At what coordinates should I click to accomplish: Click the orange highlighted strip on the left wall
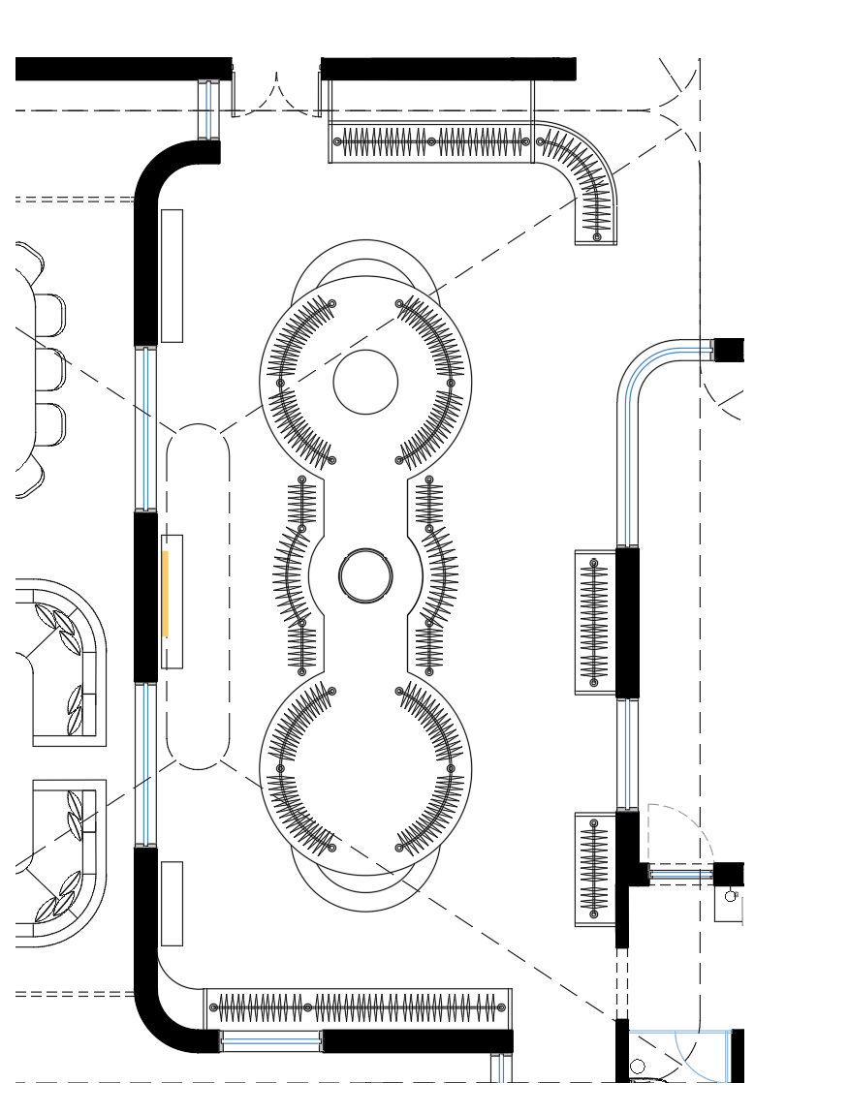click(166, 594)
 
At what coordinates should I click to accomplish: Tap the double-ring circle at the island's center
click(365, 575)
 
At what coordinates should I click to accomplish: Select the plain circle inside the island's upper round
click(365, 382)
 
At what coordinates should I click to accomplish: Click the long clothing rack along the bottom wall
click(358, 1007)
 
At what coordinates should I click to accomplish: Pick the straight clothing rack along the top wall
click(431, 142)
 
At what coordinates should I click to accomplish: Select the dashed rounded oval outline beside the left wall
click(198, 596)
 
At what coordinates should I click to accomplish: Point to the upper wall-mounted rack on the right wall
click(594, 622)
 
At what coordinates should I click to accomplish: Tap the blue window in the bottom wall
click(271, 1041)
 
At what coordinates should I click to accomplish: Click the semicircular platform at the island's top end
click(365, 260)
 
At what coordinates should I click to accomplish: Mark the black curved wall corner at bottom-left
click(160, 1017)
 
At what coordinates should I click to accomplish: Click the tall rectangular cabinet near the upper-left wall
click(172, 275)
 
